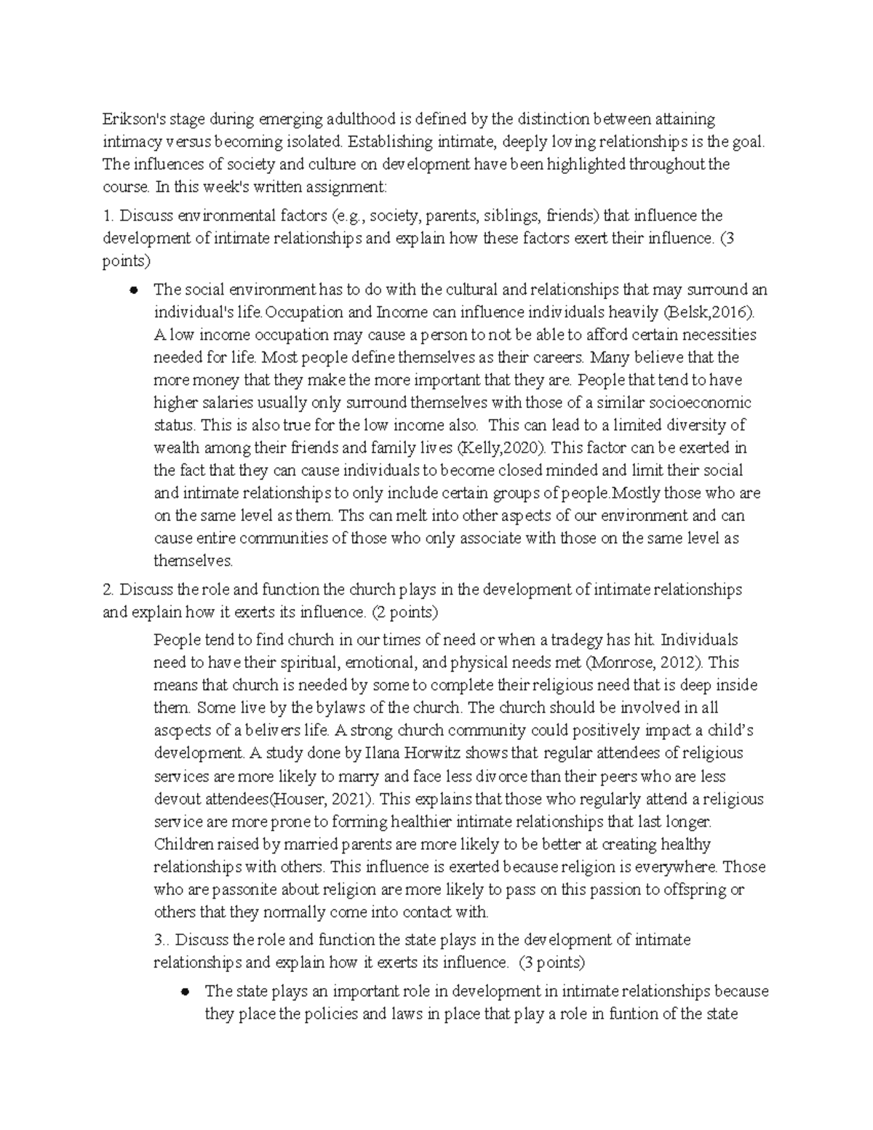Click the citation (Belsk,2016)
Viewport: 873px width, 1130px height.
pyautogui.click(x=709, y=312)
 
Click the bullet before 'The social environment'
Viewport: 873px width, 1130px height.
pyautogui.click(x=133, y=290)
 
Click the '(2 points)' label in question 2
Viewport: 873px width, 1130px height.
pyautogui.click(x=404, y=612)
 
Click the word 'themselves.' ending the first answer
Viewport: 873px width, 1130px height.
pyautogui.click(x=194, y=561)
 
